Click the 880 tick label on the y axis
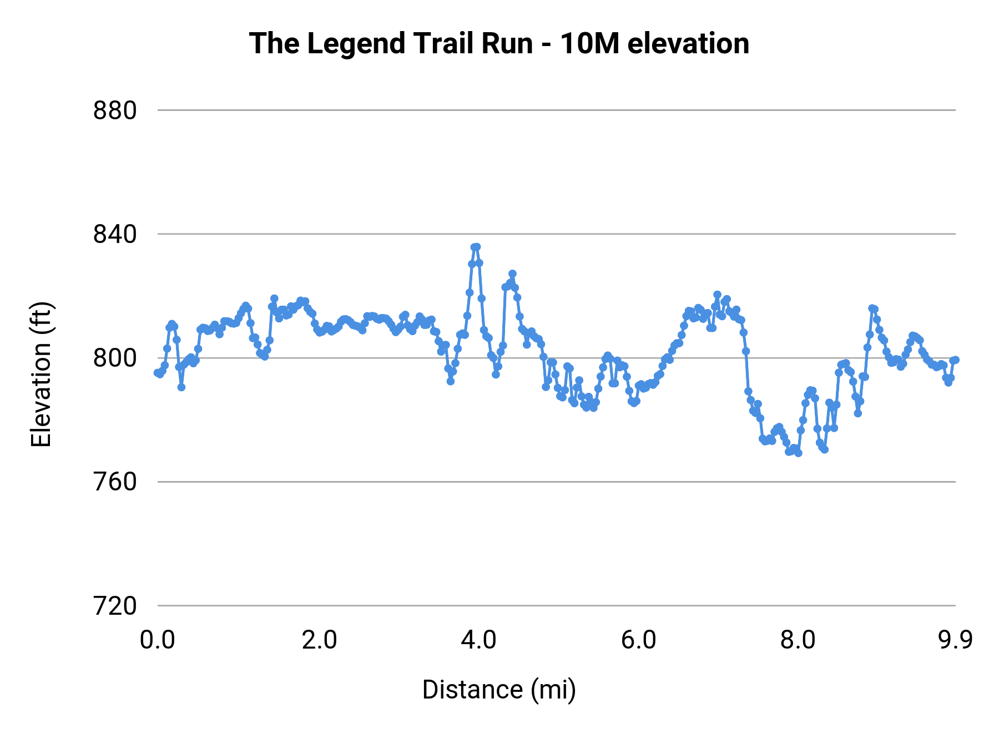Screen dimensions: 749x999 click(114, 111)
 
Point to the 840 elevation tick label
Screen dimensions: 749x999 click(114, 235)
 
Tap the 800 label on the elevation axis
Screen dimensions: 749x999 click(114, 358)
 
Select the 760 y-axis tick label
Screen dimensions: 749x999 click(114, 482)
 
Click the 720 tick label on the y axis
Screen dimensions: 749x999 click(114, 606)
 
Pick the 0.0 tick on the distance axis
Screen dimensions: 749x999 click(157, 640)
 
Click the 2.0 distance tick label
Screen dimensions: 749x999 click(319, 640)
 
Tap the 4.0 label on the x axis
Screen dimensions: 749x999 click(478, 640)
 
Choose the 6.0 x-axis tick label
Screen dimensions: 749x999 click(638, 640)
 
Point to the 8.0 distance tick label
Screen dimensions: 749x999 click(798, 640)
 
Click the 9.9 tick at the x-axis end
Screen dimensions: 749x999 click(955, 640)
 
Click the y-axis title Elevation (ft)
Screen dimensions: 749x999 click(41, 374)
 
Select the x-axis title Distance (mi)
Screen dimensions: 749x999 click(499, 690)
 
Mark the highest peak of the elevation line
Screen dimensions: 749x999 click(475, 247)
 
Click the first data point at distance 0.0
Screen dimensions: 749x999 click(158, 373)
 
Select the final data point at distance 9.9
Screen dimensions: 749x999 click(955, 360)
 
